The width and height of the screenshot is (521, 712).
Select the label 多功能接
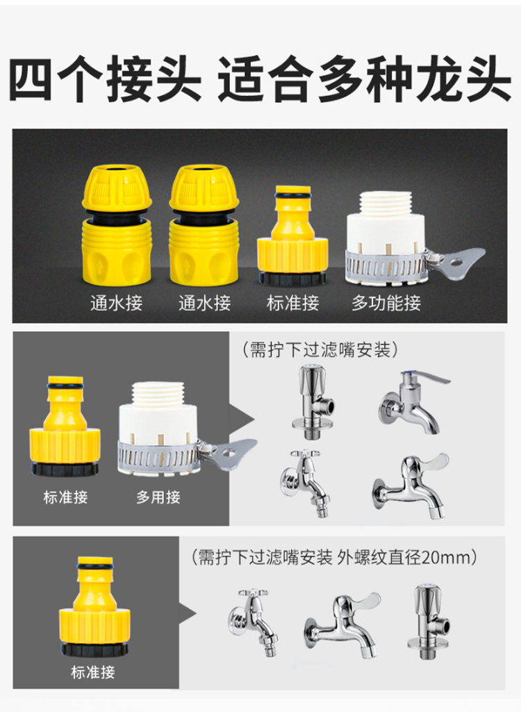[386, 303]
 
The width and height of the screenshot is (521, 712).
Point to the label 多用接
[158, 497]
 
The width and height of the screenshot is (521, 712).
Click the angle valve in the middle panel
[313, 402]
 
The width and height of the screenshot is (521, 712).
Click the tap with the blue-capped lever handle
[412, 402]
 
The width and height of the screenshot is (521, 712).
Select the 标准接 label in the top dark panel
[293, 303]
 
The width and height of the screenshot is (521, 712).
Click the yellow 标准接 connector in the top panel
[293, 235]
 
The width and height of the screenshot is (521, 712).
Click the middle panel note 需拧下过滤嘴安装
[320, 350]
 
